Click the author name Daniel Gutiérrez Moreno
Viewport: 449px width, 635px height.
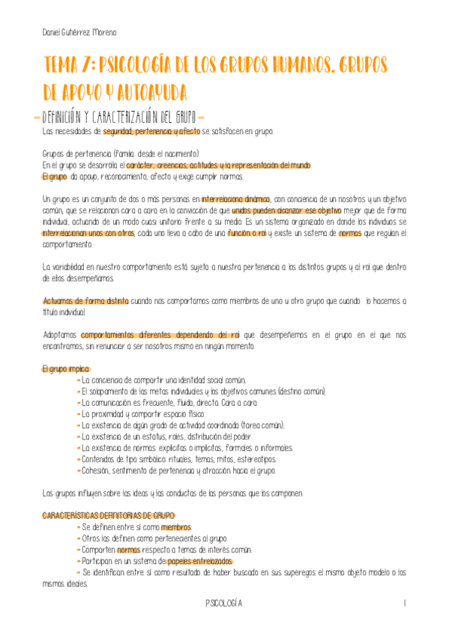coord(79,33)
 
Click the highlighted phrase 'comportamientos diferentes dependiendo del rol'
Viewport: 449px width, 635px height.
coord(160,335)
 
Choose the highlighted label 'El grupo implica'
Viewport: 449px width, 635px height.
coord(65,368)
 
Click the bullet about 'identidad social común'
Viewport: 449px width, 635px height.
coord(163,380)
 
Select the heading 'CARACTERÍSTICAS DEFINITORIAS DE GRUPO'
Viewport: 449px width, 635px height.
coord(108,516)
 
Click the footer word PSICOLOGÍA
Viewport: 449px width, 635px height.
coord(225,603)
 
